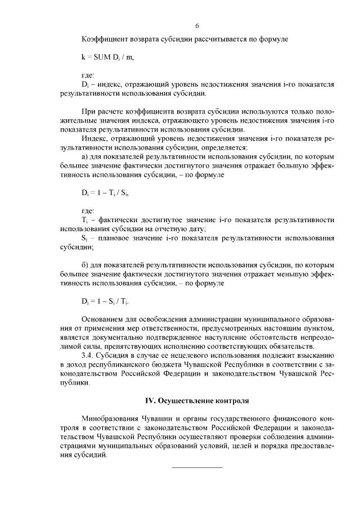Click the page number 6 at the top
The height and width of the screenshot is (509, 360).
tap(197, 26)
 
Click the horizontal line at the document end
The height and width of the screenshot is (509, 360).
tap(197, 467)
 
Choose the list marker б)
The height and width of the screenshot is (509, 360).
tap(85, 264)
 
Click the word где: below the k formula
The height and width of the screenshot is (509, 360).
tap(88, 75)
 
